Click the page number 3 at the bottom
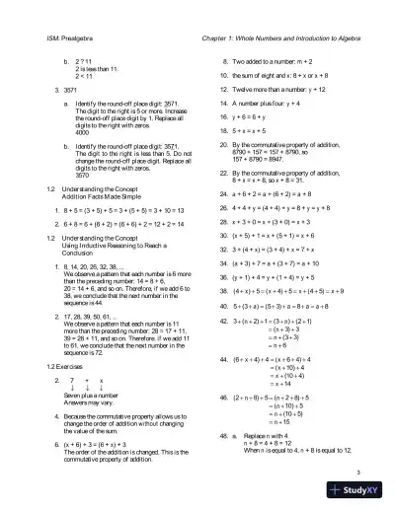pyautogui.click(x=363, y=472)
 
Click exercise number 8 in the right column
pyautogui.click(x=223, y=61)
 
